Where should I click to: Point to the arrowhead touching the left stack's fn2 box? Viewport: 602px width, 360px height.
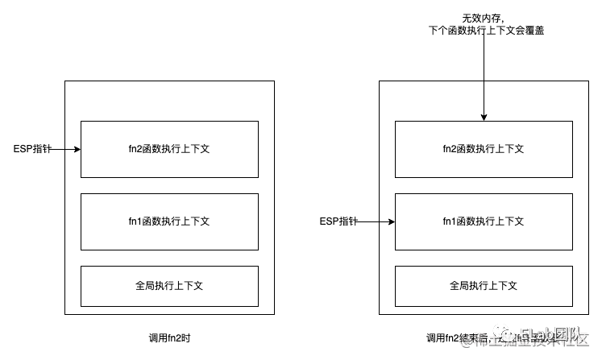point(77,149)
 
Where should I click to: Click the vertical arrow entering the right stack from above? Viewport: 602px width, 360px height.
point(484,100)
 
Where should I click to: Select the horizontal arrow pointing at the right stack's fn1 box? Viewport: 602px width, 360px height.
point(387,221)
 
